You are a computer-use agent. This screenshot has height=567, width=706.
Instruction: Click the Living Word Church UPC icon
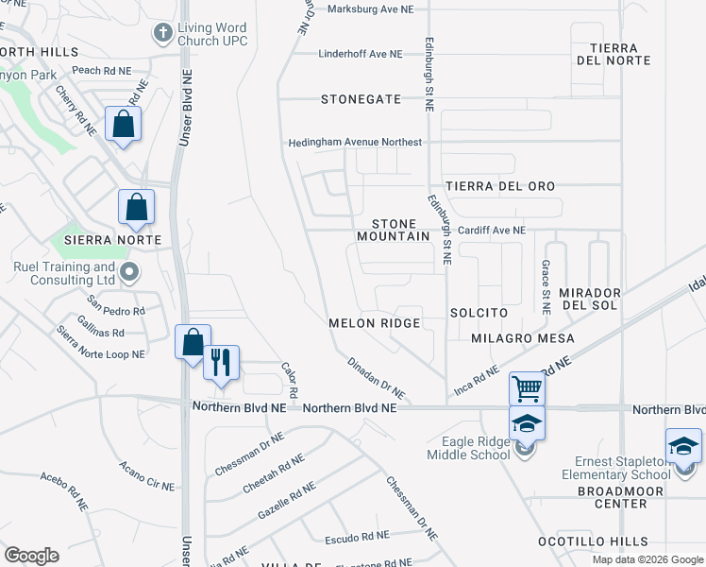(162, 33)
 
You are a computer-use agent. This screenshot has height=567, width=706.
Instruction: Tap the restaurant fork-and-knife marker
(222, 363)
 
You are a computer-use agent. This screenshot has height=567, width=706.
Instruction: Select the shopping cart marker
(527, 387)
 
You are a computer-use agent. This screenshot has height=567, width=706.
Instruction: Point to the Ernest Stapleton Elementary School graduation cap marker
(682, 445)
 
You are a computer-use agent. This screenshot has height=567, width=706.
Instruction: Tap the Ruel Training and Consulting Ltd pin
(130, 273)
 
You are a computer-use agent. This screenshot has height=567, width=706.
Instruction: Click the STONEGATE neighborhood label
(361, 98)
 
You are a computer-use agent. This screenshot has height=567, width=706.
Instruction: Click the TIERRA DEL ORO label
(500, 186)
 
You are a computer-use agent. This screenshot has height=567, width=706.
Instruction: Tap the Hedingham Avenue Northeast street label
(355, 143)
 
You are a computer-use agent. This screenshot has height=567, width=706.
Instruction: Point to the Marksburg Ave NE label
(371, 9)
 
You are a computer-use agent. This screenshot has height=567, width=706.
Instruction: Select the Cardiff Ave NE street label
(491, 230)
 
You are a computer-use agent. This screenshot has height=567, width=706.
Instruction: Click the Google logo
(30, 555)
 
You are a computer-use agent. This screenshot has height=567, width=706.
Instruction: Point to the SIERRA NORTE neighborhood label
(108, 240)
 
